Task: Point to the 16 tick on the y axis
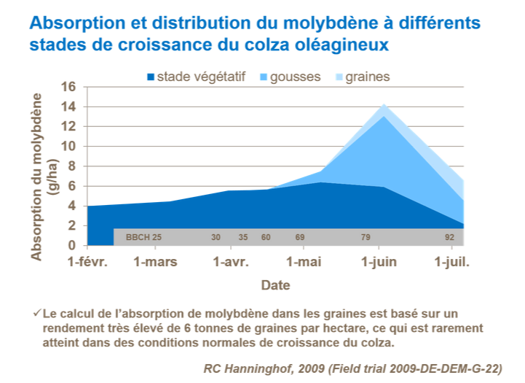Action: [68, 86]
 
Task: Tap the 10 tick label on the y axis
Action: [68, 146]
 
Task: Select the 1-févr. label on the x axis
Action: [87, 262]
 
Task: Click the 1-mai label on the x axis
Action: [304, 262]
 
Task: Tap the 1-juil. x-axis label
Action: [451, 262]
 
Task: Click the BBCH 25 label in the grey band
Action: [143, 237]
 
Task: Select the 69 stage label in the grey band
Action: [299, 237]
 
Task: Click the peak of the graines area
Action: [384, 104]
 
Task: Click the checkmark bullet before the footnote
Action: [36, 313]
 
